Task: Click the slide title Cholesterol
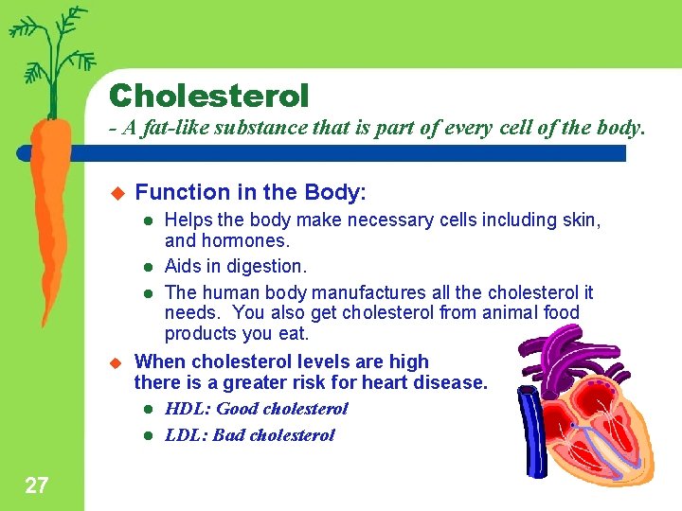208,96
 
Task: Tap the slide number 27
36,486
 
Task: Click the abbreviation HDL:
188,409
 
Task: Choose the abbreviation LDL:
188,435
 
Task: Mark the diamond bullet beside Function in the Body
117,193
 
